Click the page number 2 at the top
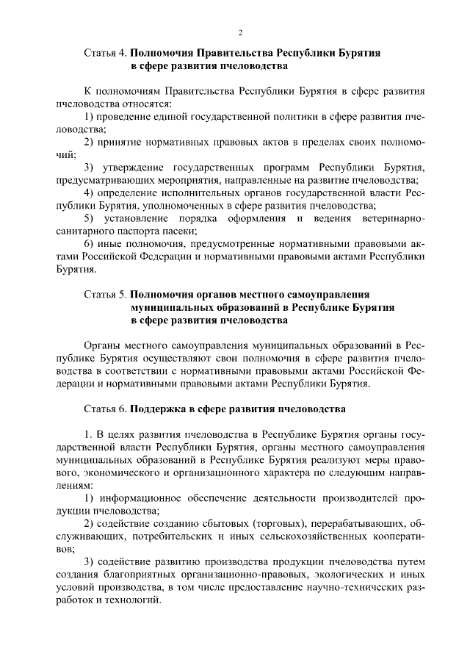click(x=240, y=33)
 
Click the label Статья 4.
click(x=106, y=55)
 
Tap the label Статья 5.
click(x=106, y=295)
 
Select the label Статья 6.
click(x=106, y=407)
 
